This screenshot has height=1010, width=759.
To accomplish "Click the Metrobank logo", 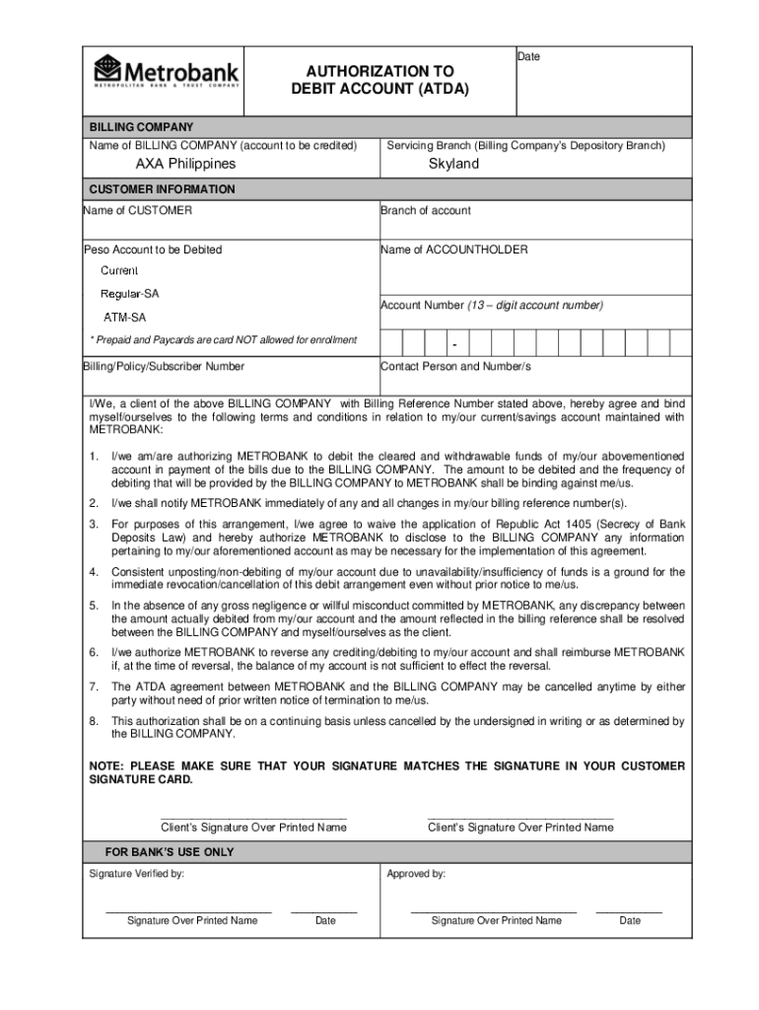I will (x=166, y=72).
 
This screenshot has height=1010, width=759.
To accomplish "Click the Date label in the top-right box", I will (x=528, y=57).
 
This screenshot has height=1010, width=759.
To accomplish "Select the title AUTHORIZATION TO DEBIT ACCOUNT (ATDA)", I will (x=379, y=80).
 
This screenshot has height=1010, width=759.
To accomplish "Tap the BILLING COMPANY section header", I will (x=142, y=127).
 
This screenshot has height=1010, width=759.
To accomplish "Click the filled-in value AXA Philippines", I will (x=185, y=164).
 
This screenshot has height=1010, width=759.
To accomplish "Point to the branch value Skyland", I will (x=453, y=164).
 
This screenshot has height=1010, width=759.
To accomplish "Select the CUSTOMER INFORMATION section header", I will (x=162, y=189).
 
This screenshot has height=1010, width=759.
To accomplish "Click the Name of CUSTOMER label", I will (x=138, y=210).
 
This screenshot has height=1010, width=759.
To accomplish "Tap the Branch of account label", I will (x=425, y=210).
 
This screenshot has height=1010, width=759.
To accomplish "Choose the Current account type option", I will (x=119, y=270).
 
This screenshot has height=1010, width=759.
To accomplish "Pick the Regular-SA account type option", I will (x=129, y=294).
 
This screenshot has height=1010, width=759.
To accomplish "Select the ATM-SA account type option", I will (x=125, y=318).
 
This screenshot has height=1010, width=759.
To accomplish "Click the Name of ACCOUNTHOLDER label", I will (x=454, y=250).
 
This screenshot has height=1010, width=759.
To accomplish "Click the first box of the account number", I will (x=391, y=342).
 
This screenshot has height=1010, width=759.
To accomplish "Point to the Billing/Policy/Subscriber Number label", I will (x=164, y=366).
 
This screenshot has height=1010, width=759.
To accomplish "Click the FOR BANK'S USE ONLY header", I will (x=170, y=852).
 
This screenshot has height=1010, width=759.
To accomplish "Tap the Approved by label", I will (x=416, y=874).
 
